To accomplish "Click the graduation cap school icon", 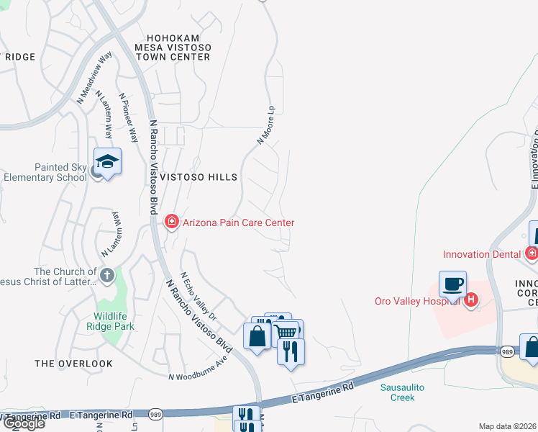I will click(x=107, y=161).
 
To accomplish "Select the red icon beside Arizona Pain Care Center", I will click(x=172, y=222).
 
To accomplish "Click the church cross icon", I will click(x=106, y=274).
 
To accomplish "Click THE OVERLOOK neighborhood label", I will click(x=73, y=364).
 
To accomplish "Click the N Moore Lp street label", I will click(x=266, y=125).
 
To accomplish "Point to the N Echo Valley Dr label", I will click(x=199, y=296).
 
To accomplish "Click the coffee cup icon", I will click(x=452, y=284).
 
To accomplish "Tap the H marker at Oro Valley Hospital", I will click(x=471, y=300).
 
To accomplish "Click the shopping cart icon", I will click(x=286, y=332).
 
